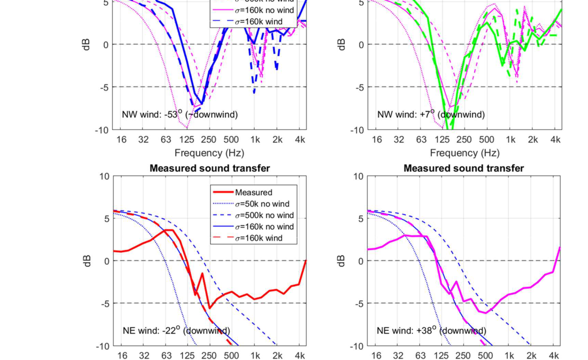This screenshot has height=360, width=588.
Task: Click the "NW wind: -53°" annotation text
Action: [x=180, y=114]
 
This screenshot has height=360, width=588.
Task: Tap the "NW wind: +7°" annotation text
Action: [x=431, y=114]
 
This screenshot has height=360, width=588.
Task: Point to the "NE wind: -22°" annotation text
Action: [x=176, y=331]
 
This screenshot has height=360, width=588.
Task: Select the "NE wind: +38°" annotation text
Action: [x=431, y=331]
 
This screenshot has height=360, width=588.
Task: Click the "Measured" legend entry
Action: [x=253, y=192]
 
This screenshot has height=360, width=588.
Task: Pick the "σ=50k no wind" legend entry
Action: [x=262, y=204]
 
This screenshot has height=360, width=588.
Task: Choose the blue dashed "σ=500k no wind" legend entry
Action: [x=264, y=215]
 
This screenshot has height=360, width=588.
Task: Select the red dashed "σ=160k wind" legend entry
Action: [x=259, y=238]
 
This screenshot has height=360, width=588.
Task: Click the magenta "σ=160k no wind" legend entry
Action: [x=264, y=10]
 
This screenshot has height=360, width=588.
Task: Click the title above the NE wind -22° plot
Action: [x=210, y=168]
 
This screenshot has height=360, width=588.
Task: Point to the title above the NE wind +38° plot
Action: [x=463, y=168]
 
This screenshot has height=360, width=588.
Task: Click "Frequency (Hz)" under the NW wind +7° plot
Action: [x=464, y=153]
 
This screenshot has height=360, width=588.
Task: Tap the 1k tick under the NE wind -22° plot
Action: [x=255, y=356]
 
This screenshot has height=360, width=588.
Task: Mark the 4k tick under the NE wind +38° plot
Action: [x=554, y=356]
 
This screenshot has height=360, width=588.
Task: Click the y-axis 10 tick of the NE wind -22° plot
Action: [x=104, y=176]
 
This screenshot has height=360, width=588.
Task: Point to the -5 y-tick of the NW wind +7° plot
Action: [x=359, y=87]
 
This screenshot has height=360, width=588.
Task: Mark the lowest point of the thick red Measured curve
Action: [x=210, y=308]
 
